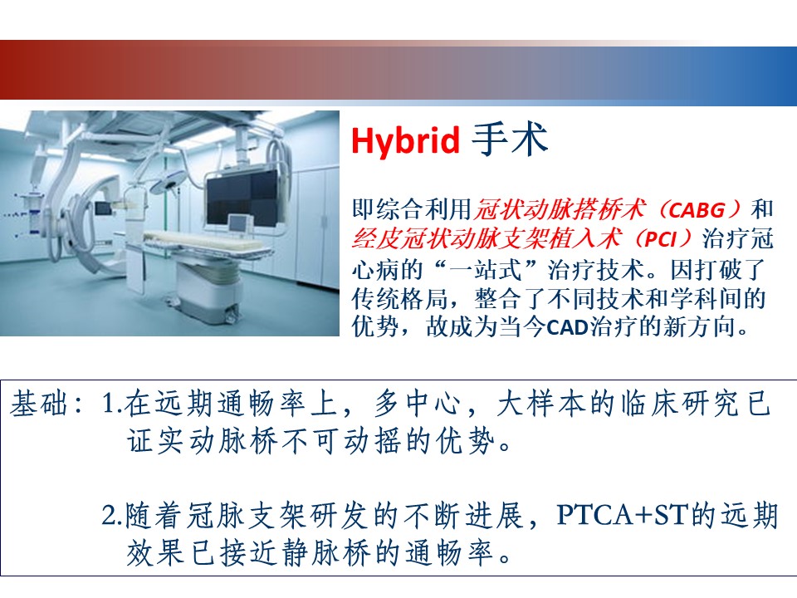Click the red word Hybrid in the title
point(405,140)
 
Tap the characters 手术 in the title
point(510,139)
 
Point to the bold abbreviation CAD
point(567,327)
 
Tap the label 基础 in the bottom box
point(39,404)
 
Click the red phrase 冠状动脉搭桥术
point(560,209)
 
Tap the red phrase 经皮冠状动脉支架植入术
point(487,238)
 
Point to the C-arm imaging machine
point(76,213)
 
